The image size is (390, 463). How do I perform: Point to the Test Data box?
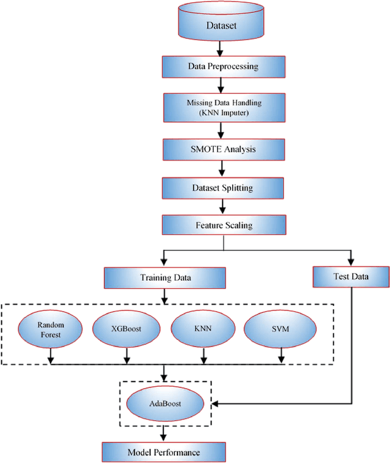coord(351,277)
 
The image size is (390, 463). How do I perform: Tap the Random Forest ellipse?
coord(51,329)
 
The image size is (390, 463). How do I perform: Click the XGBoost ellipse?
coord(126,329)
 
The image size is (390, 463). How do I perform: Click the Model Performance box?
coord(163,452)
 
